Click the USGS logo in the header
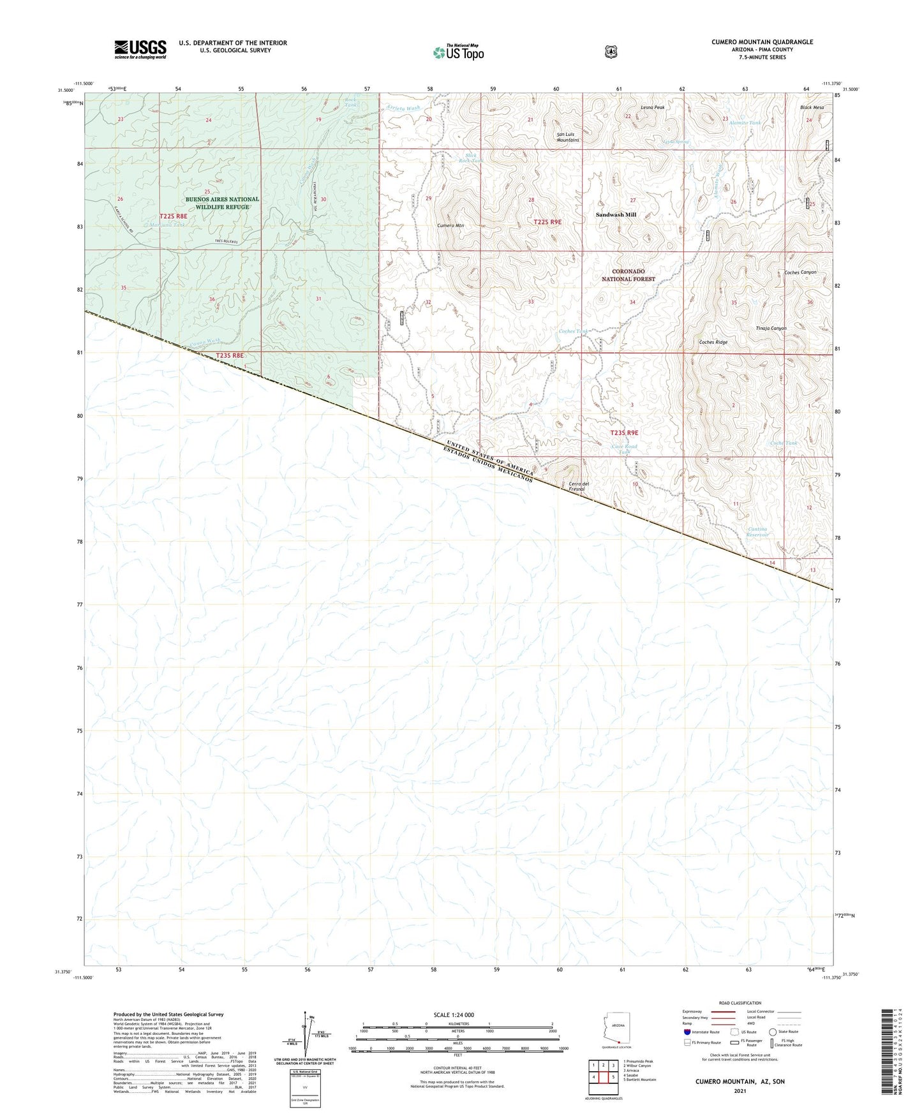click(x=140, y=49)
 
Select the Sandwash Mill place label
click(x=616, y=215)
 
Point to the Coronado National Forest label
click(x=628, y=275)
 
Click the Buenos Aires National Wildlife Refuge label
click(x=222, y=203)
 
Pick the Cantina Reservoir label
click(x=759, y=531)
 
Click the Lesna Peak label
click(x=653, y=108)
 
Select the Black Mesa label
click(x=812, y=108)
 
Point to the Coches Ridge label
click(x=713, y=343)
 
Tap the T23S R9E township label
click(x=623, y=433)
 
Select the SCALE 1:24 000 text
click(x=454, y=1014)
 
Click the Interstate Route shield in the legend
click(x=687, y=1032)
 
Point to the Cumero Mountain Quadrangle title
click(x=762, y=42)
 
